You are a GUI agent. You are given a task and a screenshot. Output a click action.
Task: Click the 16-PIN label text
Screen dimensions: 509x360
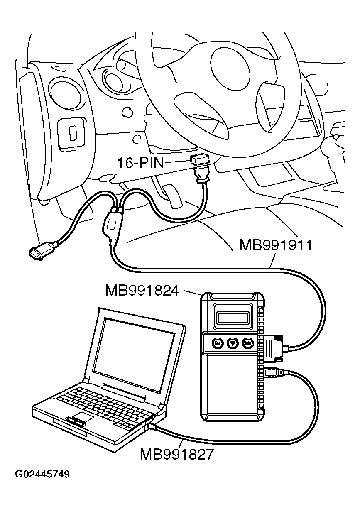tap(140, 163)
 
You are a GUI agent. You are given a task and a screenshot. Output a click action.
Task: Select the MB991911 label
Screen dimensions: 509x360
tap(275, 245)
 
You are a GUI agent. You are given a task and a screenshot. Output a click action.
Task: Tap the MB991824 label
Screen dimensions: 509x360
tap(142, 290)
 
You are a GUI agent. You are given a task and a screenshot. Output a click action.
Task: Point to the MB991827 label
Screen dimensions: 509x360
tap(176, 454)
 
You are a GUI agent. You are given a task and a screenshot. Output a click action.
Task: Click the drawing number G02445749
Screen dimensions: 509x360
tap(42, 474)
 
